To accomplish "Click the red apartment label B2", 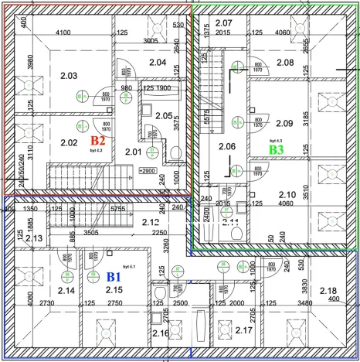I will pos(97,141).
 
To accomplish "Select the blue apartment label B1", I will pos(114,275).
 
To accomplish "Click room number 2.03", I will pos(69,76).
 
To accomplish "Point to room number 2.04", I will pos(158,63).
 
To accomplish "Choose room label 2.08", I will pos(285,63).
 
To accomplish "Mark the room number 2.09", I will pos(284,122).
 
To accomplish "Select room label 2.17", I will pos(244,331).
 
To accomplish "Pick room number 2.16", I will pos(161,333).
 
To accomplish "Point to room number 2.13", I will pos(34,239).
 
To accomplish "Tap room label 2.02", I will pos(70,142).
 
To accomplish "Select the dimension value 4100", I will pos(63,32).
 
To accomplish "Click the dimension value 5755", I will pos(118,208).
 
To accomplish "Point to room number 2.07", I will pos(223,22).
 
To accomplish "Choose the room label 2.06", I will pos(227,146).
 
